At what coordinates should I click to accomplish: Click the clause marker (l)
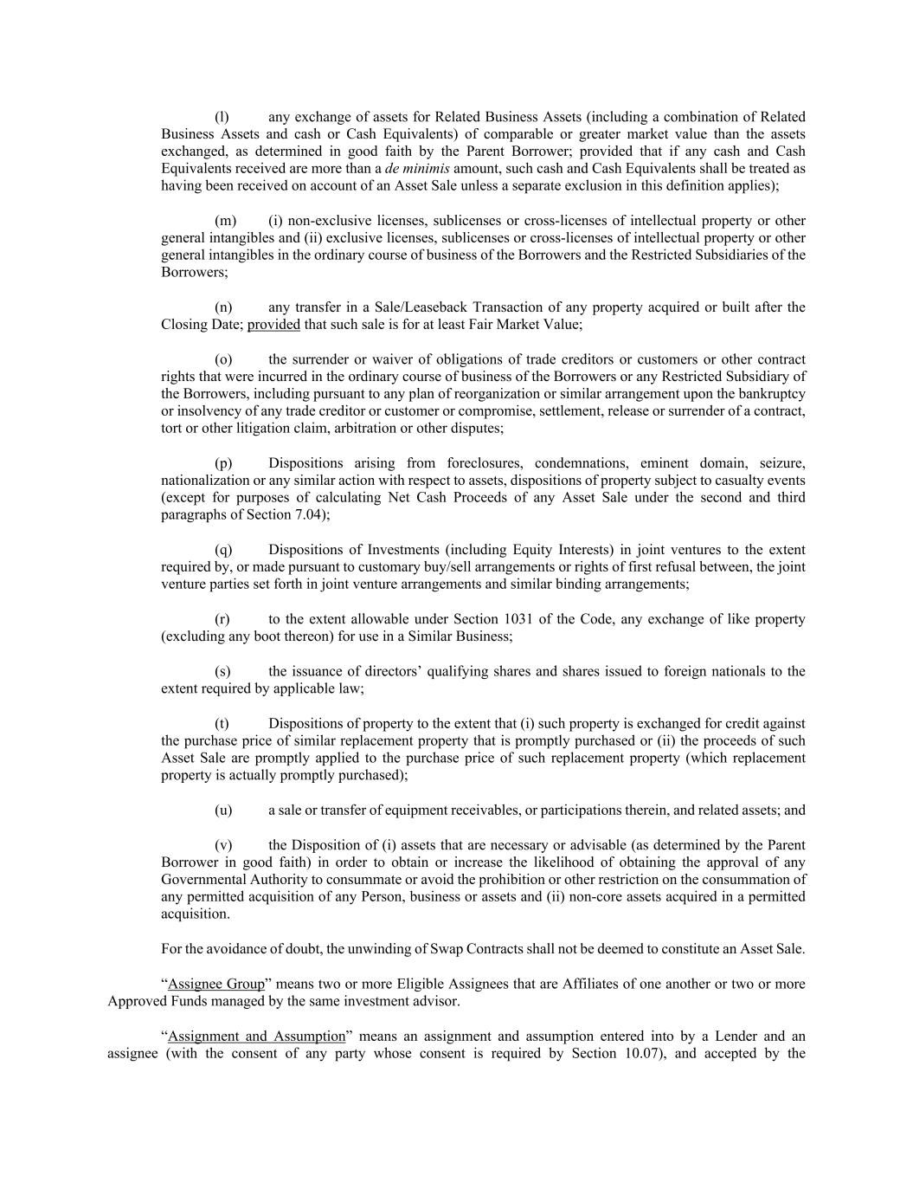222,117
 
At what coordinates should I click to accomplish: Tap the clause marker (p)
222,463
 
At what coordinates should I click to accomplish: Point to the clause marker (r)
222,619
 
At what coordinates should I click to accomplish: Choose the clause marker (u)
223,811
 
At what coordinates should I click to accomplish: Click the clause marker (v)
222,845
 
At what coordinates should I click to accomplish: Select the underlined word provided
273,325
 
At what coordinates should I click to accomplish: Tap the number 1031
519,619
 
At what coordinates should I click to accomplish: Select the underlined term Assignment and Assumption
256,1037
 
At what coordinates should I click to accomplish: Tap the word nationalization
205,481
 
